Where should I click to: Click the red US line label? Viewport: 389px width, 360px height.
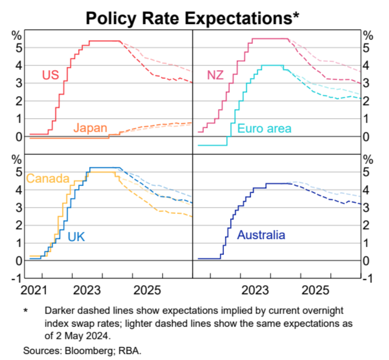point(51,74)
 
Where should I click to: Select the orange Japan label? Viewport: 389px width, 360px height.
point(90,128)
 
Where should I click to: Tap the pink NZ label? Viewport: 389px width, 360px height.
point(215,74)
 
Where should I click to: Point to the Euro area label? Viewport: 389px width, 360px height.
point(264,129)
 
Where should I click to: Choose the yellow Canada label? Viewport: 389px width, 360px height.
point(48,178)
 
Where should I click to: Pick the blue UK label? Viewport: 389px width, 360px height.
point(76,237)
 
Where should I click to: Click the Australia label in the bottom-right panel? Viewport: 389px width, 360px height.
point(261,235)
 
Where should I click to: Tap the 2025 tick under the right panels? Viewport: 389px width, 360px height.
point(316,291)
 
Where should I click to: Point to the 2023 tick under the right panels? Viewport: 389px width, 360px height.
point(256,291)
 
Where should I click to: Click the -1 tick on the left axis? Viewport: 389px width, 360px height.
point(17,278)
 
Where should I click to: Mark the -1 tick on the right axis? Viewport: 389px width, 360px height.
point(368,278)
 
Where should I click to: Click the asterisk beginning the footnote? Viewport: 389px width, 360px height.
point(26,311)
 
